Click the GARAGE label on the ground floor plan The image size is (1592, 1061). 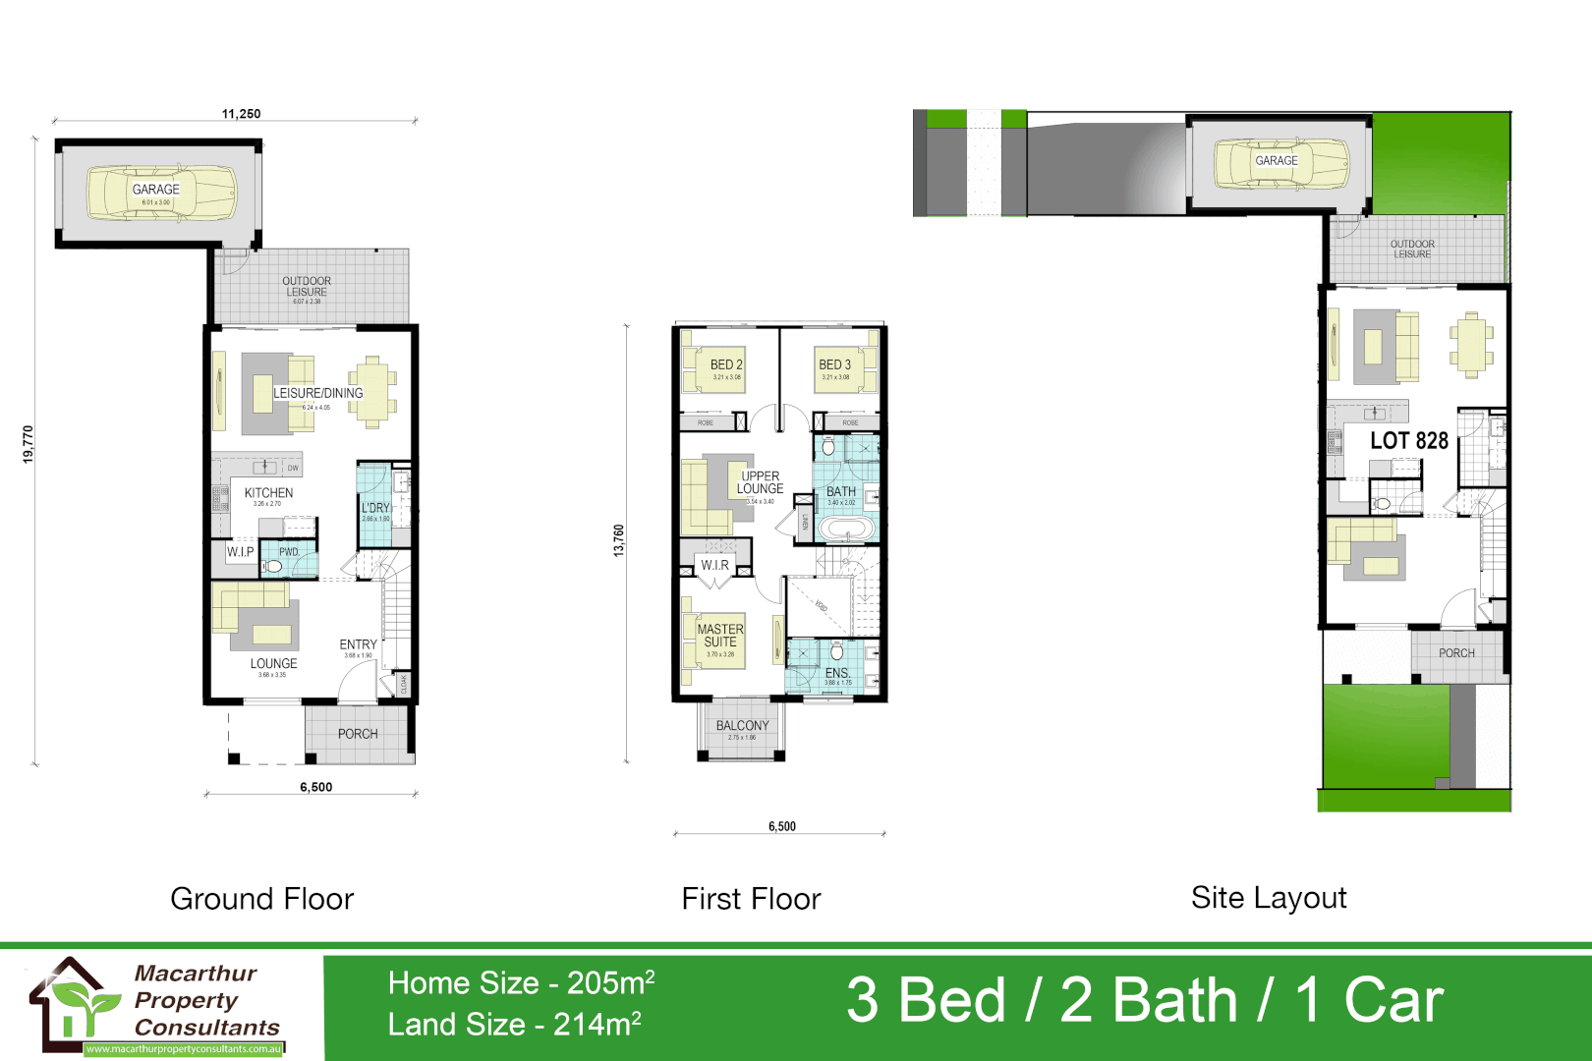click(155, 190)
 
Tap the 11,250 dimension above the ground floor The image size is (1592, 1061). click(241, 114)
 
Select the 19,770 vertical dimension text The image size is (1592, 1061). click(28, 444)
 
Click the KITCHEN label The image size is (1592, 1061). click(268, 493)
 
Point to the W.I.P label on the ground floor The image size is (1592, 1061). click(240, 552)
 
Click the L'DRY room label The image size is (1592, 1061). click(375, 508)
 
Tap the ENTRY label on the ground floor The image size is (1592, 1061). click(358, 645)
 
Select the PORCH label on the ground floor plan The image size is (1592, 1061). click(358, 734)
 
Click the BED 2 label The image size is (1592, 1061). click(726, 364)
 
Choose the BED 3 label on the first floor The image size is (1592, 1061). click(834, 364)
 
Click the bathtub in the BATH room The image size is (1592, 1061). click(846, 530)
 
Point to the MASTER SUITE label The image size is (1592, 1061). click(720, 635)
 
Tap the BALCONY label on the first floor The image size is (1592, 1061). click(742, 726)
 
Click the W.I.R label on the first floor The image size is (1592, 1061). click(714, 565)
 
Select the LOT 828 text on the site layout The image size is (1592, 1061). click(1409, 441)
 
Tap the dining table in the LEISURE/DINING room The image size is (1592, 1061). click(372, 392)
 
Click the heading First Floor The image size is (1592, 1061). click(751, 899)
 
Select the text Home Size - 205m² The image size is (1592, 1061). click(521, 982)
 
